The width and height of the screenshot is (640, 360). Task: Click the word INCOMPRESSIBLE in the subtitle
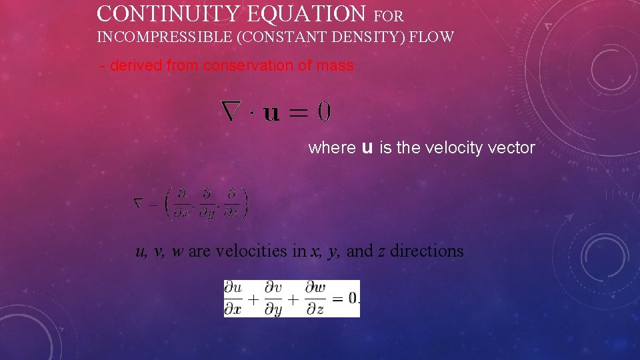(x=165, y=37)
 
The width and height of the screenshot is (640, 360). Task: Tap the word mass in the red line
(x=337, y=65)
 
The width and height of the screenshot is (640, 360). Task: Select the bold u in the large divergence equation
(x=272, y=113)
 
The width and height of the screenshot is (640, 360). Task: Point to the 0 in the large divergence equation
(x=324, y=111)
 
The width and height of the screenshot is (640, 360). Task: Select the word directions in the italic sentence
(x=427, y=251)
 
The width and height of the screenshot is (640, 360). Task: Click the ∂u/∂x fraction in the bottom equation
(x=234, y=298)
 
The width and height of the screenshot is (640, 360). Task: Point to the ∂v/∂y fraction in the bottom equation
(x=273, y=299)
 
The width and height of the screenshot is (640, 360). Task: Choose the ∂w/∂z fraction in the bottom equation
(x=315, y=298)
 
